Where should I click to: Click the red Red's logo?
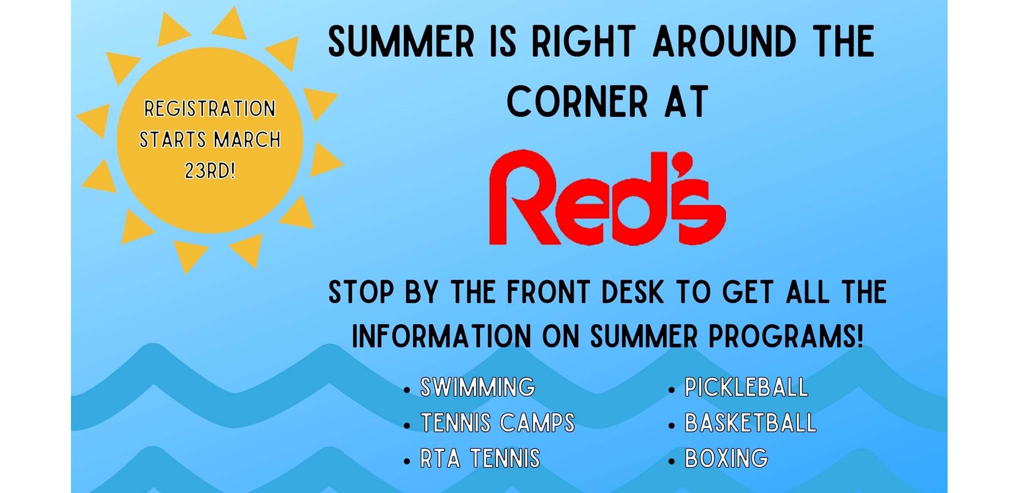point(607,198)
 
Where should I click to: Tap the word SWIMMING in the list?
point(478,387)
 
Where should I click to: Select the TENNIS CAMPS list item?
point(498,423)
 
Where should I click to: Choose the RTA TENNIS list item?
point(480,458)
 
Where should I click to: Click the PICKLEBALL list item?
point(747,387)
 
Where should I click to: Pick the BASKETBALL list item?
point(751,423)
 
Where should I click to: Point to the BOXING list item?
point(726,458)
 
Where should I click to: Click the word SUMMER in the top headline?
point(401,41)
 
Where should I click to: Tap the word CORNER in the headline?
point(577,101)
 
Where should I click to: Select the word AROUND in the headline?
point(725,41)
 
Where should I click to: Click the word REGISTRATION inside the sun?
point(210,109)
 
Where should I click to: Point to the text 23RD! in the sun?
point(210,171)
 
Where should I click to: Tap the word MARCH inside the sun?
point(247,140)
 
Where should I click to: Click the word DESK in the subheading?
point(632,292)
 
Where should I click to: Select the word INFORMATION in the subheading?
point(441,337)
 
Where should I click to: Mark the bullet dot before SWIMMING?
point(407,390)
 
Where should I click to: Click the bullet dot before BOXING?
point(671,461)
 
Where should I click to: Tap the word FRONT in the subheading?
point(548,292)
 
